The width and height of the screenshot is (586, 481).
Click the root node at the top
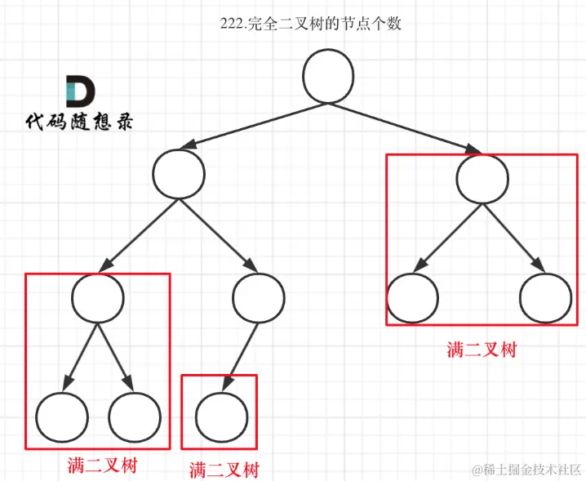328,77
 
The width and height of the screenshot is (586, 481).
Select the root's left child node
179,174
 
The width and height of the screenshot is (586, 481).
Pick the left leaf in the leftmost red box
61,417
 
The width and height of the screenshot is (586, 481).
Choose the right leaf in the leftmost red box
134,417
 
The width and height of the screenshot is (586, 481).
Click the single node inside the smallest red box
220,416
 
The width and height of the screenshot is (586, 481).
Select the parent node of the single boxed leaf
258,295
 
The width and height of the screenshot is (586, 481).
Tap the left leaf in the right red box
412,297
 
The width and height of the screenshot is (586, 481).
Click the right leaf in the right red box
544,297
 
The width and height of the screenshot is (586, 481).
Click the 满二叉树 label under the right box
482,350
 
